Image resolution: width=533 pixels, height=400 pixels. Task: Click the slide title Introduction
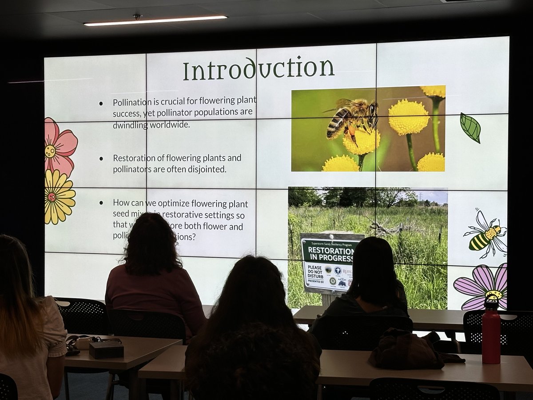(259, 69)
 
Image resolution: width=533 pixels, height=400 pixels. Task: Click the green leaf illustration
(470, 128)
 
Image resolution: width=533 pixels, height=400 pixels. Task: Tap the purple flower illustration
(481, 287)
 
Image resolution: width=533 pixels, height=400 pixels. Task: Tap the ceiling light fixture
(155, 20)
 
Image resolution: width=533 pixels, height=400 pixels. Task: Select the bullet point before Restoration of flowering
(101, 158)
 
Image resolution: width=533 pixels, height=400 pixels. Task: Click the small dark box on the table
(106, 350)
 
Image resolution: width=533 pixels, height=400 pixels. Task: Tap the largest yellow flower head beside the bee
(408, 117)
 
